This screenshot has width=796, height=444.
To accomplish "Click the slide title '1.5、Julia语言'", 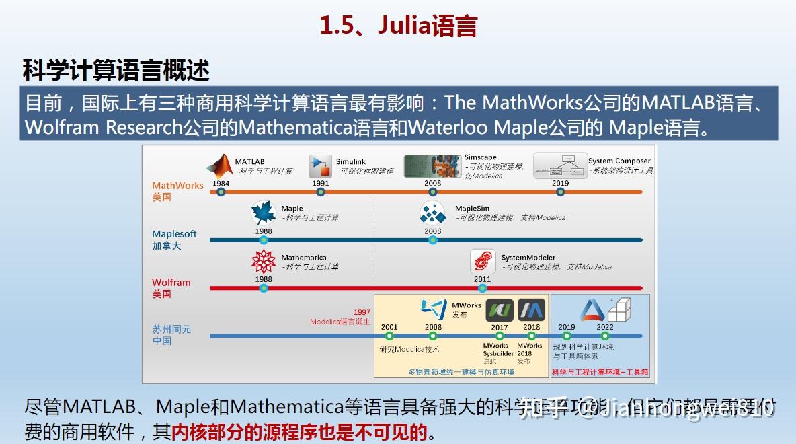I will click(398, 26).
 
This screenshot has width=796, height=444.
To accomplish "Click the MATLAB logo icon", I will click(219, 165).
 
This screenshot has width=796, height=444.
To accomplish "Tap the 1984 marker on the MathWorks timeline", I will click(221, 192).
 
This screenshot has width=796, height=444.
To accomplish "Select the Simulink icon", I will click(321, 165).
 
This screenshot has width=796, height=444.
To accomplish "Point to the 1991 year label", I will click(321, 183).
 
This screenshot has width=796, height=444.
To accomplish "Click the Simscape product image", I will click(432, 166).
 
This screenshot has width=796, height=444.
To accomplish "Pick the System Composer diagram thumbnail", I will click(559, 165).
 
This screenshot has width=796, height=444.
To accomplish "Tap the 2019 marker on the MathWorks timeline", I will click(561, 192).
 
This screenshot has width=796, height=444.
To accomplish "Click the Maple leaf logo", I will click(264, 213).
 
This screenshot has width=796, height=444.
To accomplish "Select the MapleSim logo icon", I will click(433, 213).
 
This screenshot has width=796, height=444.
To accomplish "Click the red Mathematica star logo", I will click(264, 261).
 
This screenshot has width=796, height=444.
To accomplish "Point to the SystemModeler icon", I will click(483, 261).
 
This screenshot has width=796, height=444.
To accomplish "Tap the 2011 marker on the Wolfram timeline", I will click(483, 288).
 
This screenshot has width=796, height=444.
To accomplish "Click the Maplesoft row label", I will click(174, 234).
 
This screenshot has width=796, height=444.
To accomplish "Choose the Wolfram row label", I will click(171, 283).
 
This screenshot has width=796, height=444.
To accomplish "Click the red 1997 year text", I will click(362, 313).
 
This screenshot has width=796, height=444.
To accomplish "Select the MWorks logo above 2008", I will click(434, 308).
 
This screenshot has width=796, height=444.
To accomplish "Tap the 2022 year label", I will click(605, 328).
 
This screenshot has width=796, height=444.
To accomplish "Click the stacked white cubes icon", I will click(619, 309).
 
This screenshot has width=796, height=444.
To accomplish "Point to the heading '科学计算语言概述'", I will click(116, 70).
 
